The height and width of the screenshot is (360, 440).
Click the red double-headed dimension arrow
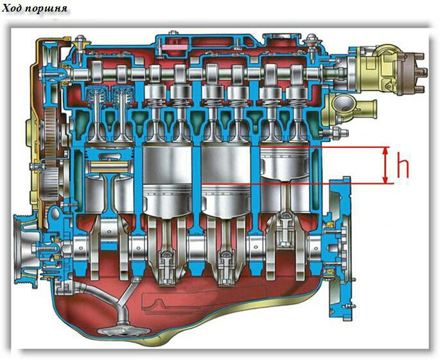[386, 165]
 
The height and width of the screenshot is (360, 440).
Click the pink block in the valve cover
[175, 47]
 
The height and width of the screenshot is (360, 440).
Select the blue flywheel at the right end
[340, 247]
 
